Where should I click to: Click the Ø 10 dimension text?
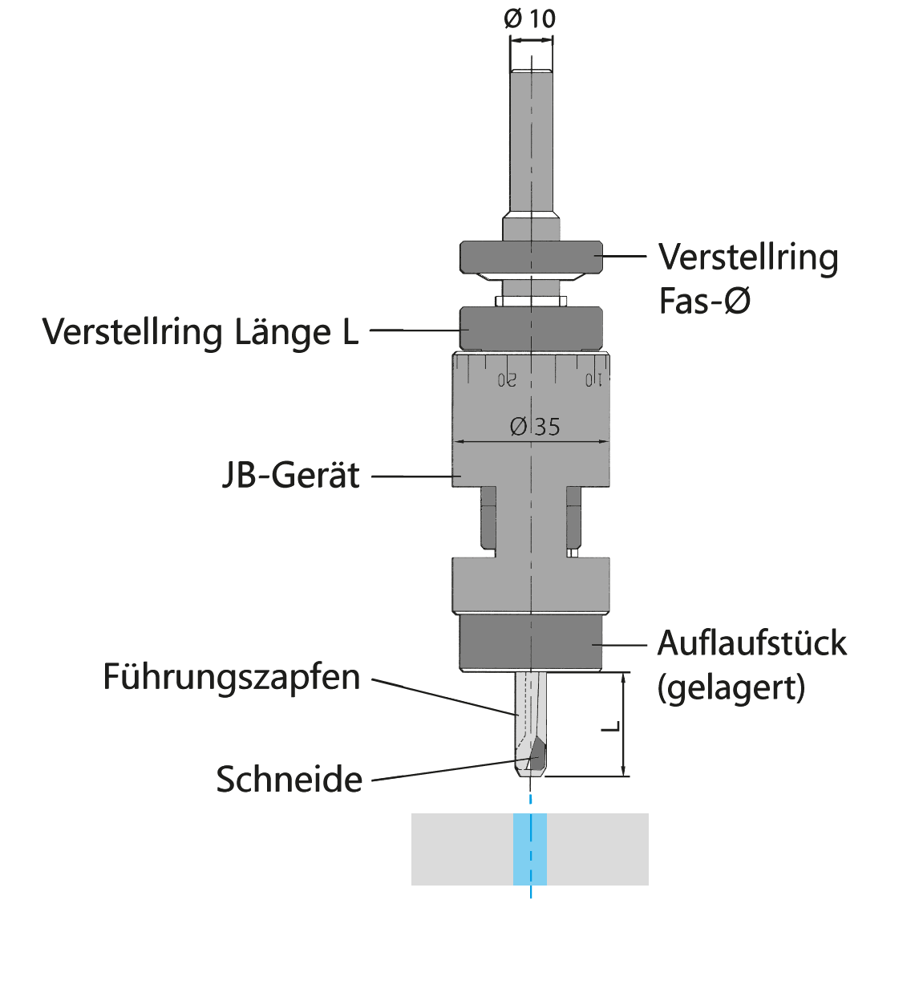tap(529, 19)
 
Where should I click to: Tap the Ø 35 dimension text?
tap(535, 427)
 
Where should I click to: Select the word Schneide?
tap(289, 780)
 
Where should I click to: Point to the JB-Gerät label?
tap(291, 475)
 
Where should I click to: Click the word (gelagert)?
tap(731, 688)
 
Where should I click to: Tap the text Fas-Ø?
tap(705, 301)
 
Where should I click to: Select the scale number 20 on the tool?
tap(507, 380)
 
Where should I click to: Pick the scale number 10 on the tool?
tap(593, 380)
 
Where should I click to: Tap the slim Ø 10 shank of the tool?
tap(532, 140)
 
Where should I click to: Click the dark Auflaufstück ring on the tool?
tap(531, 642)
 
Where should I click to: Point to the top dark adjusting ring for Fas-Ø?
tap(531, 257)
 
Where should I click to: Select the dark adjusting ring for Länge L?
tap(531, 329)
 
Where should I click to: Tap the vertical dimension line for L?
tap(623, 724)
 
